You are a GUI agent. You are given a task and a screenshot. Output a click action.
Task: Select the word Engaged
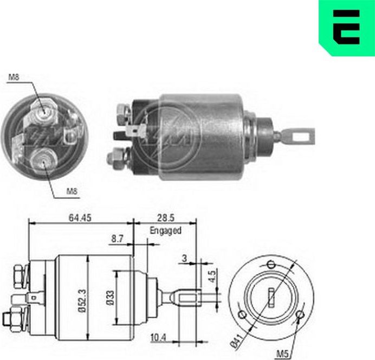point(165,230)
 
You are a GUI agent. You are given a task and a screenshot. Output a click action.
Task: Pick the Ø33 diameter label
point(110,298)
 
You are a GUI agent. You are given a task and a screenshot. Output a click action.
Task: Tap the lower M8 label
point(72,191)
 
